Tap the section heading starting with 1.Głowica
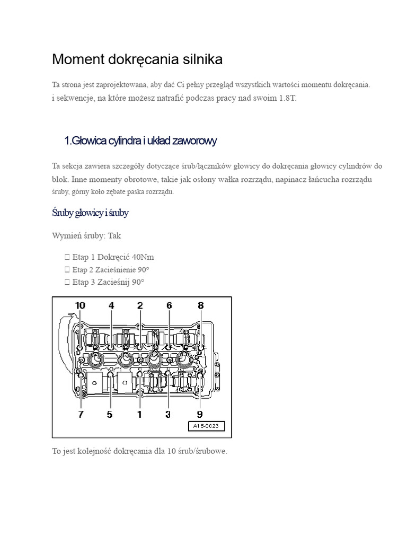tap(140, 141)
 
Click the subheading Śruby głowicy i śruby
tap(90, 213)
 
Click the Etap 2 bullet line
tap(111, 269)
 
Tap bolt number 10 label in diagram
tap(79, 305)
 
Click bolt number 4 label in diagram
tap(111, 305)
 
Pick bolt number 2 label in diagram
tap(140, 305)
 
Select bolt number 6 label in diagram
tap(169, 305)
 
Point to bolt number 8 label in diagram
tap(200, 305)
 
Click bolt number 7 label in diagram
tap(81, 414)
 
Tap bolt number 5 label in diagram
tap(110, 414)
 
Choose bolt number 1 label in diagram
tap(139, 414)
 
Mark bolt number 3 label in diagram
tap(168, 414)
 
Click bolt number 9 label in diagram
tap(200, 414)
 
